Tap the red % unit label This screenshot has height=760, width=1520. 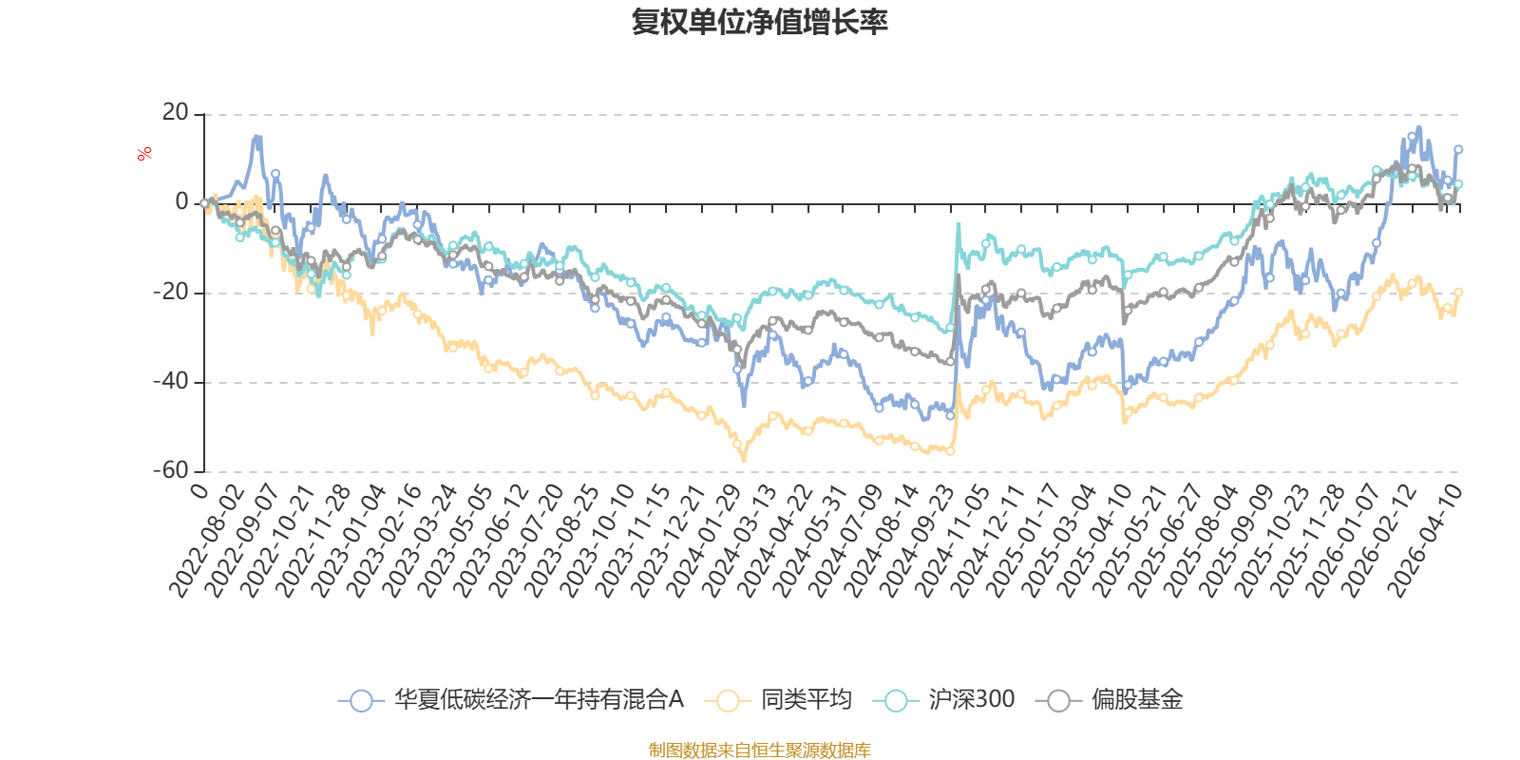(x=144, y=154)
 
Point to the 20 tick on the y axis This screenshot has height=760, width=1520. (x=176, y=113)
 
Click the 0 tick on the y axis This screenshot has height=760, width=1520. (x=181, y=202)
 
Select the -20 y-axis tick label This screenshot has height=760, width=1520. (x=172, y=292)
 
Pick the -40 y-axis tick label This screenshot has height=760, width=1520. (x=172, y=381)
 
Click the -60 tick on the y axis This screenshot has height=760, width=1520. (x=172, y=470)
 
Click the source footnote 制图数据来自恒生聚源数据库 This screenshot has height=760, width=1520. (x=759, y=750)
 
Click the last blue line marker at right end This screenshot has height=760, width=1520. (x=1458, y=149)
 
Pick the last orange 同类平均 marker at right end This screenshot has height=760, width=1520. (x=1458, y=292)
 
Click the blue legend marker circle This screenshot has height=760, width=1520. (x=360, y=701)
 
